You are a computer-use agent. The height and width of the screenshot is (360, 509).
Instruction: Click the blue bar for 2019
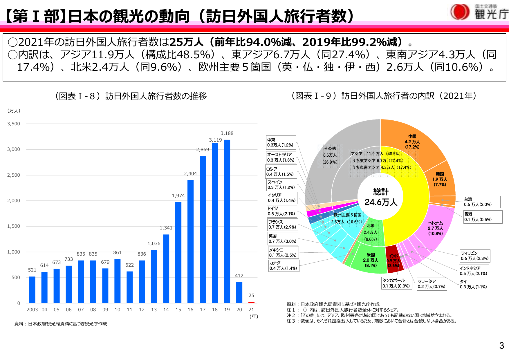(x=227, y=220)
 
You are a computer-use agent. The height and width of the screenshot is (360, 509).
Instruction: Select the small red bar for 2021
(x=251, y=302)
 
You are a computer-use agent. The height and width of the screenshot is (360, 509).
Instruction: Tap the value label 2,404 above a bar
(x=190, y=174)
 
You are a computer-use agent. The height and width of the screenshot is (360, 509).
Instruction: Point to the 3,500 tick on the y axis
(x=14, y=124)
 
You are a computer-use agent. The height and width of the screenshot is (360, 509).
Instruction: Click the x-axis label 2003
(x=32, y=310)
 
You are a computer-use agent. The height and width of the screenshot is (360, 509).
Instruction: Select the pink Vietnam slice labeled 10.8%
(x=435, y=228)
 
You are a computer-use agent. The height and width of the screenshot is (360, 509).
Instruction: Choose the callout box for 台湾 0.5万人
(x=481, y=202)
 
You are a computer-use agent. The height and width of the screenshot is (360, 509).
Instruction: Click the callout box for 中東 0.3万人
(x=281, y=142)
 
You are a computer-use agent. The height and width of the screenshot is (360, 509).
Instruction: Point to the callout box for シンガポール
(x=396, y=283)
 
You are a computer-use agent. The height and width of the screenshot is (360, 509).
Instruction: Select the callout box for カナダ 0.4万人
(x=284, y=265)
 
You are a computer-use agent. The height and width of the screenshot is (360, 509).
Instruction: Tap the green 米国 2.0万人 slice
(x=370, y=260)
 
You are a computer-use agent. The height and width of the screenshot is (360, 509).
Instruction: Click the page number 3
(x=501, y=345)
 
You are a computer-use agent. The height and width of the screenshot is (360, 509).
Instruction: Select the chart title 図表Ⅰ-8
(x=131, y=96)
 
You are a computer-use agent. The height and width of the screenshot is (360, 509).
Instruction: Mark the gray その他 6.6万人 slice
(x=330, y=155)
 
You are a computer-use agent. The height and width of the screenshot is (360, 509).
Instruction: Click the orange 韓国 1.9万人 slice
(x=440, y=179)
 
